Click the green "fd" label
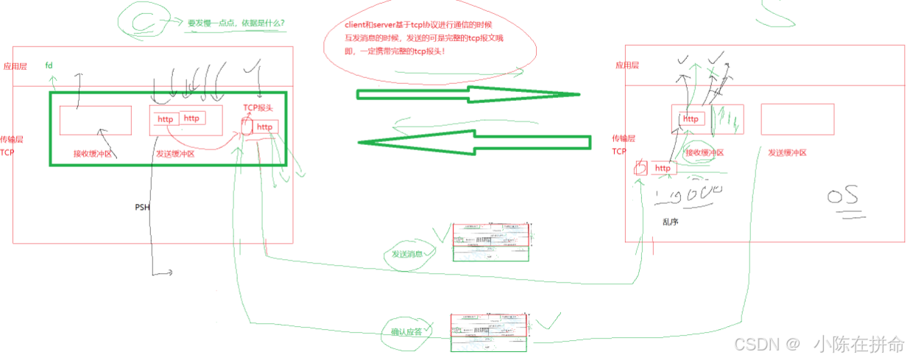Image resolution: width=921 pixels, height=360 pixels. click(49, 66)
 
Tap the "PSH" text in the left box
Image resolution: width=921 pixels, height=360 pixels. click(142, 207)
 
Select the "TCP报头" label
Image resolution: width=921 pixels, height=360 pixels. click(258, 107)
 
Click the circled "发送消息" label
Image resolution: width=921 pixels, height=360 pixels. click(407, 254)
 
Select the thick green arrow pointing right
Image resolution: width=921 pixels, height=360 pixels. click(468, 94)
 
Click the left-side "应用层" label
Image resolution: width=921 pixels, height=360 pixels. click(15, 66)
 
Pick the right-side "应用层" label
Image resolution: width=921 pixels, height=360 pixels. click(627, 66)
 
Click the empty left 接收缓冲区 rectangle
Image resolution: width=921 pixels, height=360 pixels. click(95, 120)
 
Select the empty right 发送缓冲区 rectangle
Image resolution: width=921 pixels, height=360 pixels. click(797, 119)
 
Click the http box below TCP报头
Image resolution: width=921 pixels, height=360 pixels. click(264, 127)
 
